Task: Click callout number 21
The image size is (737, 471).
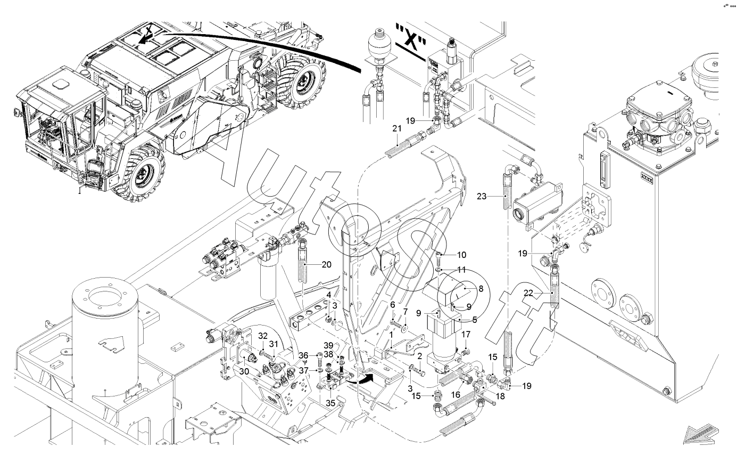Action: pos(396,128)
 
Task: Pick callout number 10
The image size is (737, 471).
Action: pos(461,255)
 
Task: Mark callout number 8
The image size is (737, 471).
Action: pos(481,288)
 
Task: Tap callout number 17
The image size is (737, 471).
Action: pos(466,335)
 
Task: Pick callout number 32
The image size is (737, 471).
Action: pos(262,336)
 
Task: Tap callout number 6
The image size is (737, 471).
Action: pos(393,304)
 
